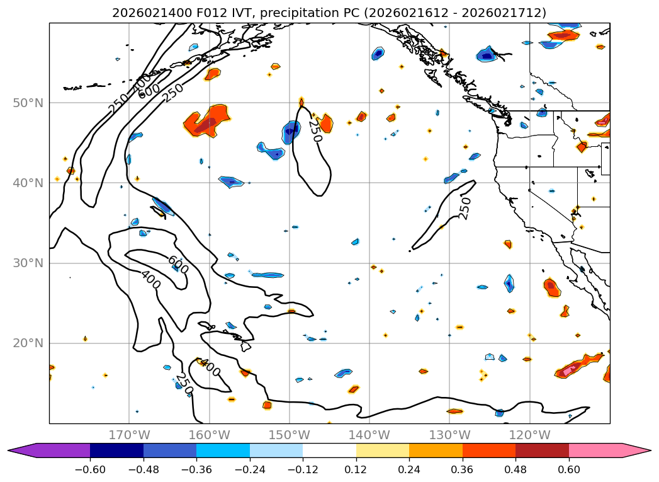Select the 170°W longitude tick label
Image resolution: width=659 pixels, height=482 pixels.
(x=129, y=435)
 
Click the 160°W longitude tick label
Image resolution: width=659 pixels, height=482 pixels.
(x=209, y=435)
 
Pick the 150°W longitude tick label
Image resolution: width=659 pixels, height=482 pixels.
(x=289, y=435)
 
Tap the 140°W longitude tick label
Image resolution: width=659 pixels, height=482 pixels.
(x=369, y=435)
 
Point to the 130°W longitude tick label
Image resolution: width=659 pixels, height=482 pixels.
(x=449, y=435)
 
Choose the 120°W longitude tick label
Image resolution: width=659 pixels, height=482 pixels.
(x=529, y=435)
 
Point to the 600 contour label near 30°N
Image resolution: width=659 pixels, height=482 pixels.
(x=177, y=264)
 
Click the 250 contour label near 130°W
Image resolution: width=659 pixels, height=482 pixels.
(x=465, y=208)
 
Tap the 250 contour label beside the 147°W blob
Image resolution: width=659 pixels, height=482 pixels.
(x=315, y=130)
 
